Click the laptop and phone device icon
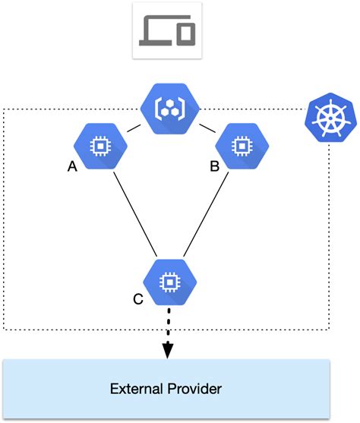coord(166,30)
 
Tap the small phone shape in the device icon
coord(186,33)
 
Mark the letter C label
coord(137,299)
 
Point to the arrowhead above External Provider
coord(169,349)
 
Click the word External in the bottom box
coord(136,390)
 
